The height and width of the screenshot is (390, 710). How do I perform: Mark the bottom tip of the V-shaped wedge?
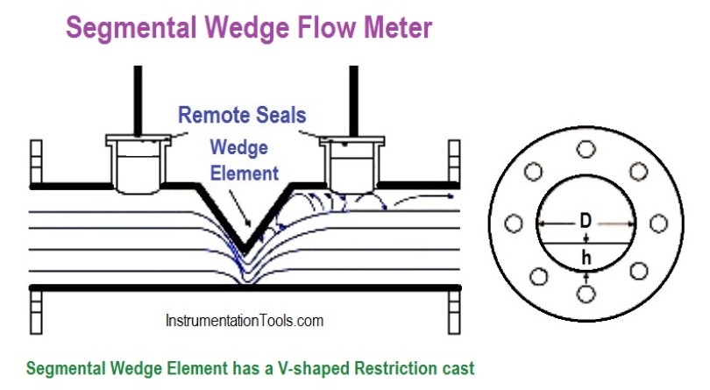click(245, 247)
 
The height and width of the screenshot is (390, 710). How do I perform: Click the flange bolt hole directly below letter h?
click(585, 292)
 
